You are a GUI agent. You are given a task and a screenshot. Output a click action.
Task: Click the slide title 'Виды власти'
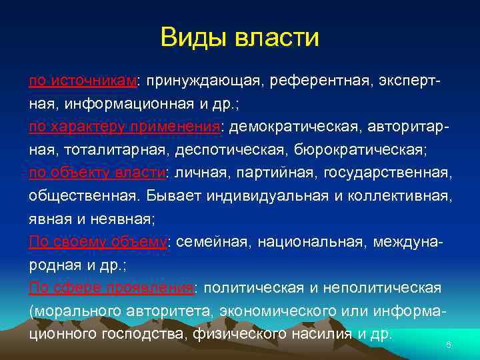click(240, 37)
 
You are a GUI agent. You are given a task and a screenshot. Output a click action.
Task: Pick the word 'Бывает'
click(159, 197)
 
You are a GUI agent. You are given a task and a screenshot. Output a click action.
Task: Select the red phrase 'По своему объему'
click(98, 243)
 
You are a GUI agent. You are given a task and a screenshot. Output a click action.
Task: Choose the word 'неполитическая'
click(383, 288)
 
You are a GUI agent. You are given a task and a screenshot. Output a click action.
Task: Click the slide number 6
click(449, 345)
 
